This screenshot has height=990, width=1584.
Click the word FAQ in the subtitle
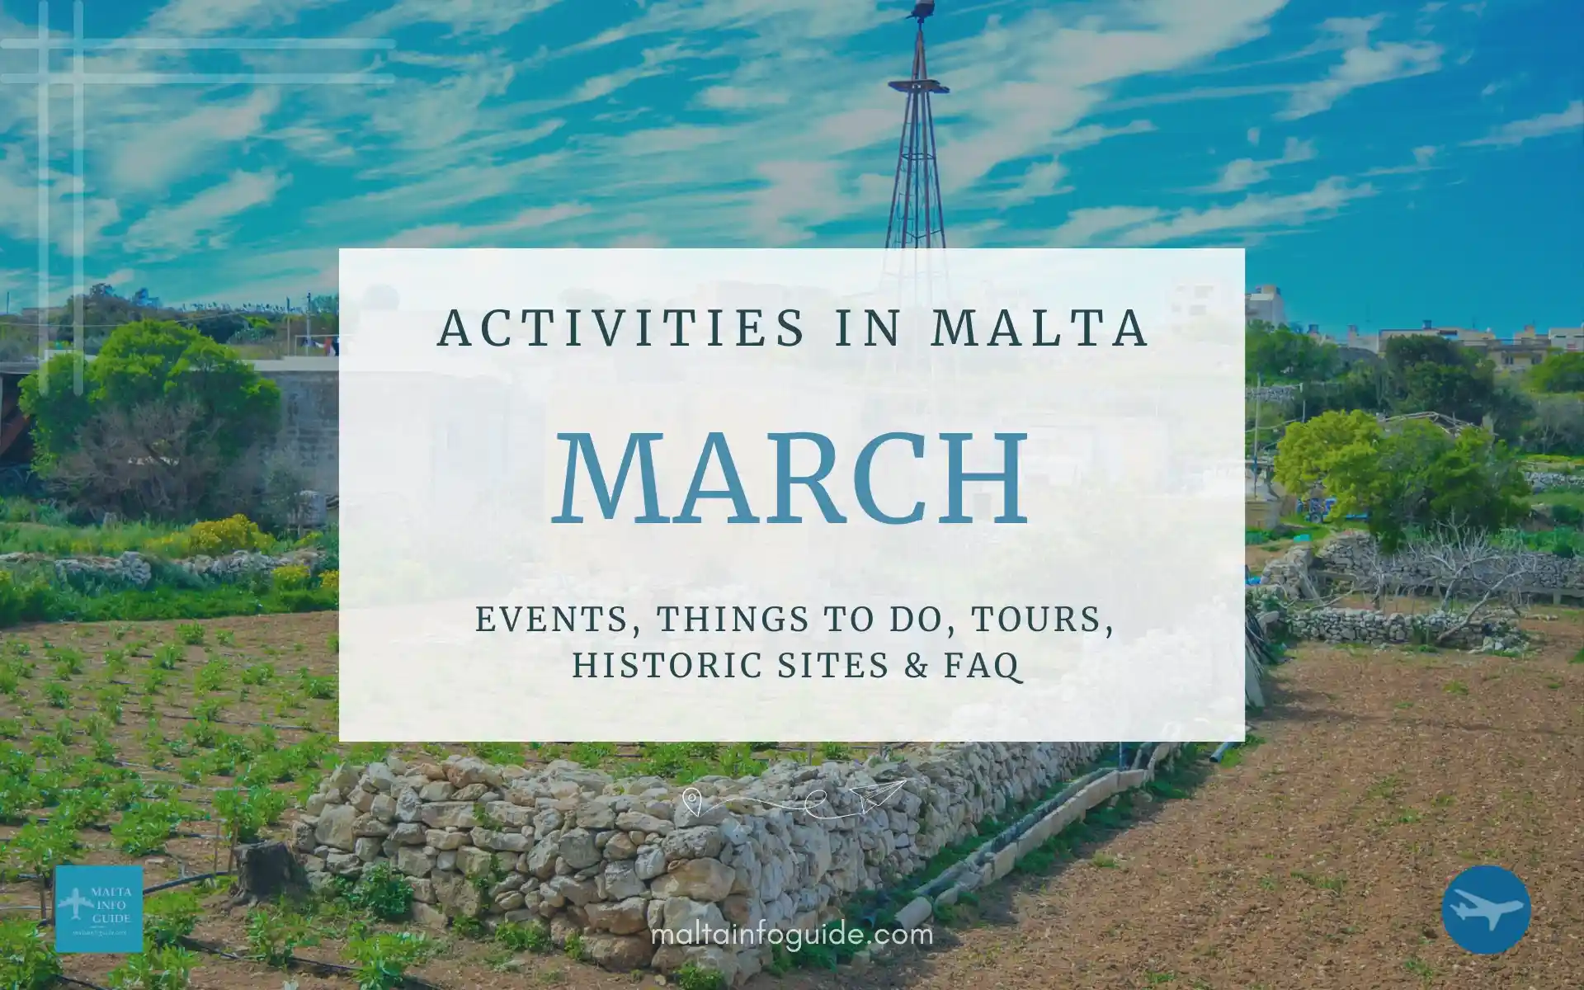(988, 665)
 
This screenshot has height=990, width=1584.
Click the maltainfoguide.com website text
(792, 935)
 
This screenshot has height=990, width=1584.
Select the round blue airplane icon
(1486, 910)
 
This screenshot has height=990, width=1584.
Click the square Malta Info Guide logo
(98, 909)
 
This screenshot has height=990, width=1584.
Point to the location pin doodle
(691, 798)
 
